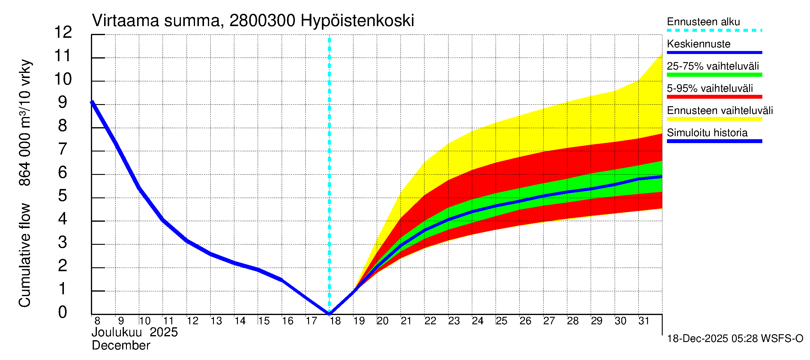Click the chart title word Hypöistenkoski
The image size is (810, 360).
click(x=357, y=21)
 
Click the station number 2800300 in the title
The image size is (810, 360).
click(x=262, y=21)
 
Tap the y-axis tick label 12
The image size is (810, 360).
click(x=63, y=32)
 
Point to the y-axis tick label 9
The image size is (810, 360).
click(x=63, y=102)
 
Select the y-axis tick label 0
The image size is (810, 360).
click(x=63, y=312)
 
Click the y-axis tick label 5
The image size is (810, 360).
click(x=63, y=196)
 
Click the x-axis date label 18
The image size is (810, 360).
click(x=335, y=321)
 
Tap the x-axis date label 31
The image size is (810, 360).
click(x=644, y=321)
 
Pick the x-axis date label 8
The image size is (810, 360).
click(x=97, y=321)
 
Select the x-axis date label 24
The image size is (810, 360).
click(x=477, y=321)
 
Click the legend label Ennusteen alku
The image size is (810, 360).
click(x=703, y=22)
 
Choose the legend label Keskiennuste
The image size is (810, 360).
click(x=698, y=44)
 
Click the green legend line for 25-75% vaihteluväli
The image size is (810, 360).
click(x=714, y=75)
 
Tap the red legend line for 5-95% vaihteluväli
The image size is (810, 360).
click(x=714, y=97)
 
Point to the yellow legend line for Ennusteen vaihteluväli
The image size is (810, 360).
click(x=714, y=119)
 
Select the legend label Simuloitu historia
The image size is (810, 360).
click(x=707, y=133)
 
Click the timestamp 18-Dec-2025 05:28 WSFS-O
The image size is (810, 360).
click(x=735, y=339)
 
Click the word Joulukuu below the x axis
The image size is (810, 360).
click(x=117, y=332)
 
